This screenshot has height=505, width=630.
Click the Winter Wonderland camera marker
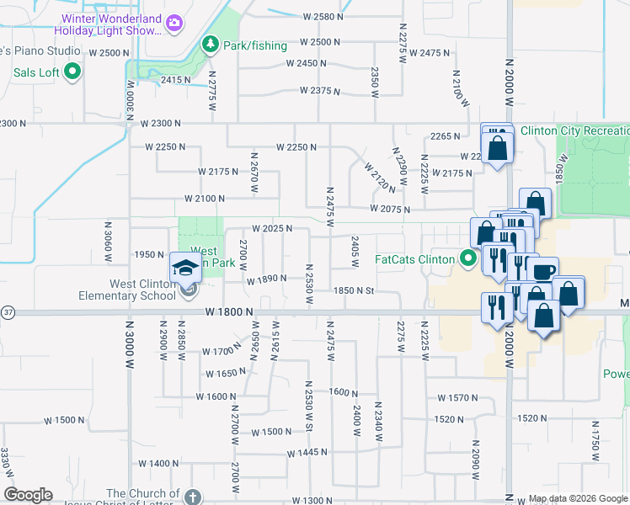(x=174, y=24)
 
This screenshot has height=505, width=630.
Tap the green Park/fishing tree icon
(x=210, y=45)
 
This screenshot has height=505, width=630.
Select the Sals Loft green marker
(x=72, y=72)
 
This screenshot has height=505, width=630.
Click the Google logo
(x=29, y=495)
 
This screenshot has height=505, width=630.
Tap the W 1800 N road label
(x=229, y=312)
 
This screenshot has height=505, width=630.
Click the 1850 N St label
(x=353, y=290)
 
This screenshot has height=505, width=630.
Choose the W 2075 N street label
(x=389, y=210)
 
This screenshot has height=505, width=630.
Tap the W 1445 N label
(x=307, y=453)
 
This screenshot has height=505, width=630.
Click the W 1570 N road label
(x=458, y=397)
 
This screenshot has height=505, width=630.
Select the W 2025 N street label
(x=271, y=229)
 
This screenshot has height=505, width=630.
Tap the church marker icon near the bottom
(x=193, y=497)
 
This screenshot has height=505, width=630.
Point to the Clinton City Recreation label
(x=575, y=130)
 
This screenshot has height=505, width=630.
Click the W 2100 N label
(x=205, y=199)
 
